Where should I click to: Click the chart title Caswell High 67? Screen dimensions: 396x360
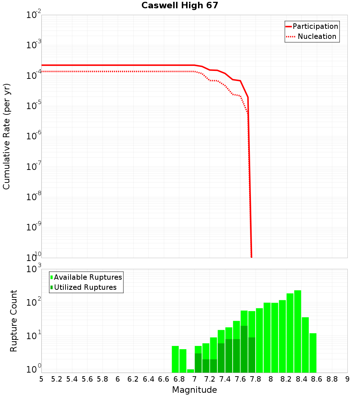pos(180,5)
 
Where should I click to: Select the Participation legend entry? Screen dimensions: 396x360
pos(315,26)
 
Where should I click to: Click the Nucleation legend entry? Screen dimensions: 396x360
pos(316,36)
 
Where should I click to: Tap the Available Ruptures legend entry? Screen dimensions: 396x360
pos(88,277)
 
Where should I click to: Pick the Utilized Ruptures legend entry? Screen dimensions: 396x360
pos(85,287)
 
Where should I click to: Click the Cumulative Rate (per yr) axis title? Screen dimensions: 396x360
pos(6,136)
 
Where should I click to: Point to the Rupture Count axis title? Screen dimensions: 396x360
pos(14,321)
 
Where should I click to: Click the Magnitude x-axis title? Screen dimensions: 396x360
pos(194,390)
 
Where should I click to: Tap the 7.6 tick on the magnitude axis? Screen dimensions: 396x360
pos(240,379)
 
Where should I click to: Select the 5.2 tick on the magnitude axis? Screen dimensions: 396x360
pos(57,379)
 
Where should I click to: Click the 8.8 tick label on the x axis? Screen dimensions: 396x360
pos(332,379)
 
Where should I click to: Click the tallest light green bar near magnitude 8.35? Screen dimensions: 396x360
pos(298,331)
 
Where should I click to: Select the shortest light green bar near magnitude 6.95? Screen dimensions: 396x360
pos(190,371)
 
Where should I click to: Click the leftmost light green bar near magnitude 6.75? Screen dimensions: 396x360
pos(175,359)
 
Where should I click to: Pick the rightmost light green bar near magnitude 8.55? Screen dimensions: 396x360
pos(313,353)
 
